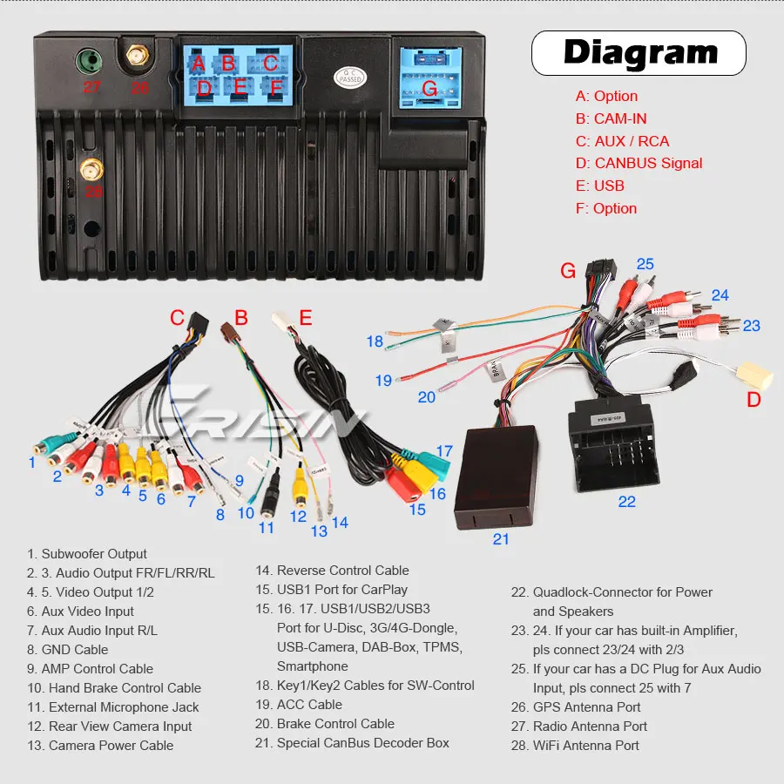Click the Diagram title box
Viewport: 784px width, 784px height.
click(x=639, y=52)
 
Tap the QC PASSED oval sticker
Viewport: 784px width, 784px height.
click(x=350, y=77)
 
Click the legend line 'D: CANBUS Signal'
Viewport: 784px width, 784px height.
click(x=639, y=163)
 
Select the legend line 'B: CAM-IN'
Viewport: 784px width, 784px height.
click(x=611, y=118)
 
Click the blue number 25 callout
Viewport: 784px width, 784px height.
click(x=645, y=264)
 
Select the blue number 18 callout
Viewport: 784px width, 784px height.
click(x=375, y=341)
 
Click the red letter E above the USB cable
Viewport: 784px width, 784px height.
click(x=305, y=318)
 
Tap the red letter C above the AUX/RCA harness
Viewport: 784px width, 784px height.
click(x=177, y=318)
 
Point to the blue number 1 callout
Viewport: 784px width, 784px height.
click(x=32, y=463)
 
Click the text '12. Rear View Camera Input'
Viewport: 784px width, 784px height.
click(x=109, y=727)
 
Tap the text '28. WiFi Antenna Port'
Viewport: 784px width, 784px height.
click(x=575, y=746)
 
